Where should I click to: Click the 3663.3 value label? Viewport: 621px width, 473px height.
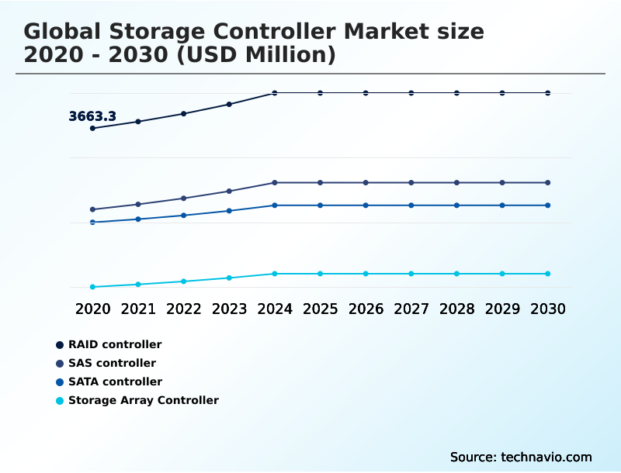pos(92,116)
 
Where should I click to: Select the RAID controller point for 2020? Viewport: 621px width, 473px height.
pos(92,128)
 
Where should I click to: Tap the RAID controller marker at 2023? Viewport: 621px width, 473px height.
pos(229,104)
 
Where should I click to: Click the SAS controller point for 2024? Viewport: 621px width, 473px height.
pos(275,183)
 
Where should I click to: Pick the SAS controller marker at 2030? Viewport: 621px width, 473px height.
pos(548,183)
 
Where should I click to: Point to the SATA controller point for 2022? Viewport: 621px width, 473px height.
pos(184,215)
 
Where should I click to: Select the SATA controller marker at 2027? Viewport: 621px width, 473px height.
pos(411,205)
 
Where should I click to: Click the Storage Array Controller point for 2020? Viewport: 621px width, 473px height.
pos(92,287)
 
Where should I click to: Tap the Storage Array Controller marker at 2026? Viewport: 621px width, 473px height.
pos(366,274)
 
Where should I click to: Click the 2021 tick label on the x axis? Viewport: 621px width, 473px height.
pos(138,309)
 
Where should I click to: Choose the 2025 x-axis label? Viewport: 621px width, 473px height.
pos(321,309)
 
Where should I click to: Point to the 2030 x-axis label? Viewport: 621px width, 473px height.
pos(548,309)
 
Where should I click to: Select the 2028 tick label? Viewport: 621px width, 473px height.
pos(457,309)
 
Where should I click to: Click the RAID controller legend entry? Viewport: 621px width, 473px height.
pos(115,344)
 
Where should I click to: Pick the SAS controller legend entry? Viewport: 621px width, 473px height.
pos(112,363)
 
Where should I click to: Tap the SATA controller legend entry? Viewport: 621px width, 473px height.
pos(115,382)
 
